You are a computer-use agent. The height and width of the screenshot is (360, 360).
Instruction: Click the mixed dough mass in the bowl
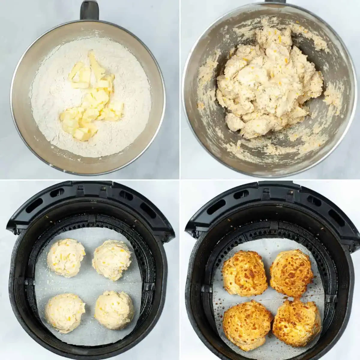267,87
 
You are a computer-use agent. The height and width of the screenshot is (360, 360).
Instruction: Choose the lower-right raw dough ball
114,310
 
